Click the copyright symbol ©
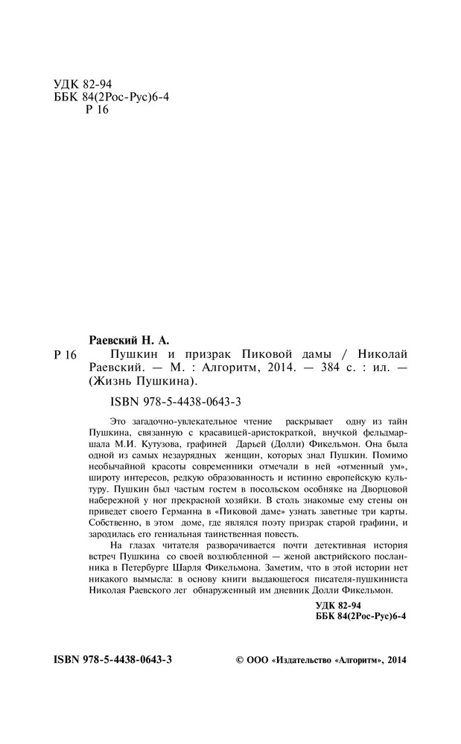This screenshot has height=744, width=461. [x=239, y=659]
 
